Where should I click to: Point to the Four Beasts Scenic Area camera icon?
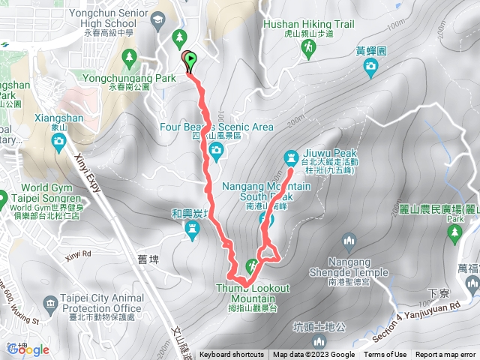click(x=216, y=152)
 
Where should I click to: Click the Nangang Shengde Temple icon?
click(x=347, y=241)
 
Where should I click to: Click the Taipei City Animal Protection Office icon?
click(x=50, y=304)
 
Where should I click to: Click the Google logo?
click(x=28, y=349)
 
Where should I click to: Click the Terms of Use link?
click(x=385, y=355)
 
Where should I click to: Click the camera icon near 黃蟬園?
click(x=370, y=69)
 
